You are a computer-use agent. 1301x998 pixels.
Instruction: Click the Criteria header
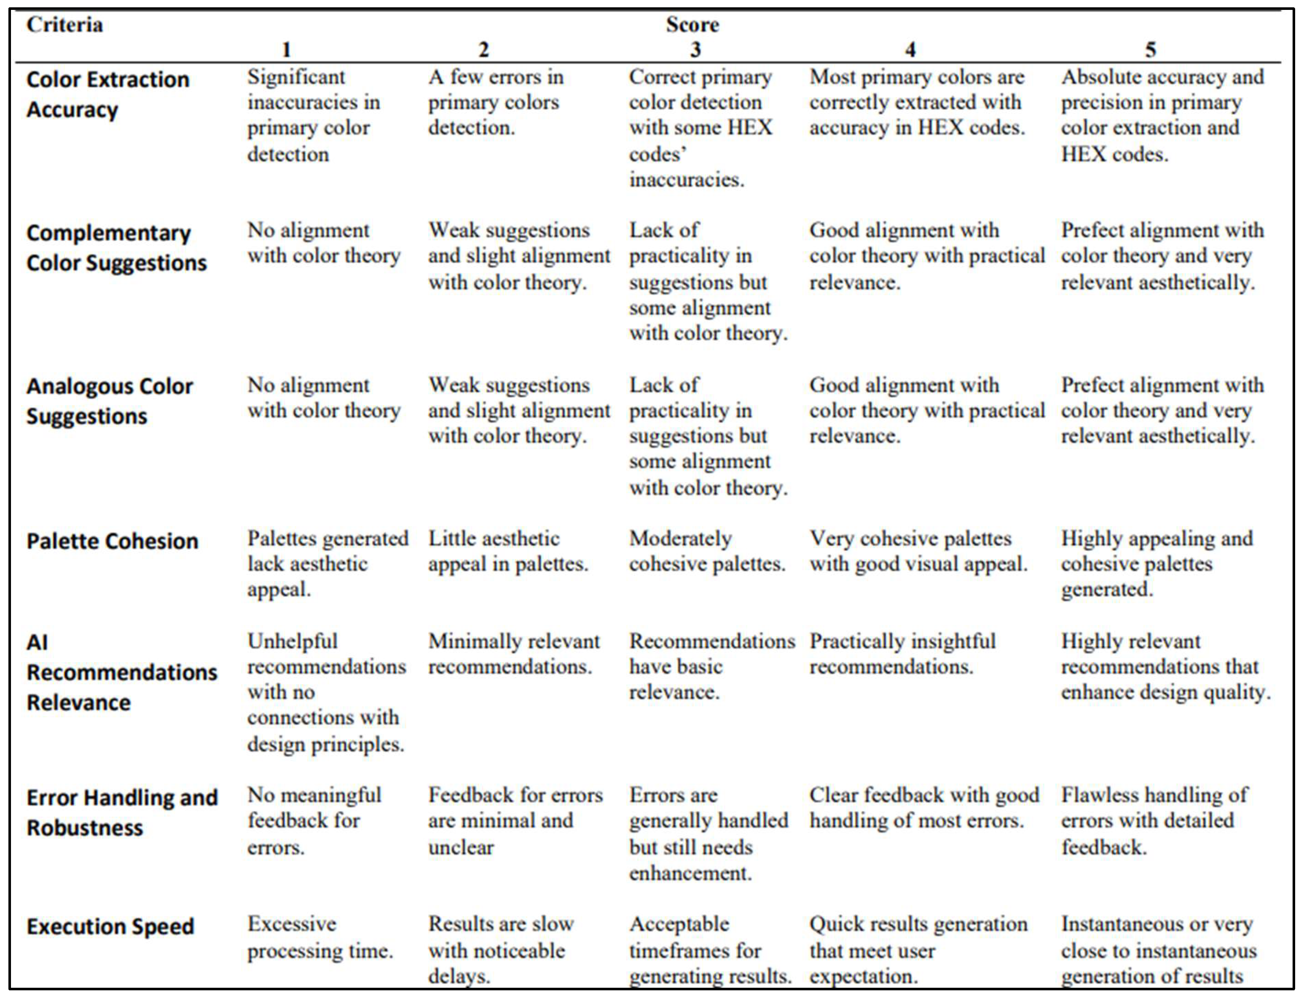pyautogui.click(x=65, y=25)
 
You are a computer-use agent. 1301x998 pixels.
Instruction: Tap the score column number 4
pyautogui.click(x=910, y=50)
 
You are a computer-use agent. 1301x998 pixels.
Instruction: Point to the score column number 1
pyautogui.click(x=286, y=50)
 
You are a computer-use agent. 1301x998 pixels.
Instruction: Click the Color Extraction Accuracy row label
pyautogui.click(x=108, y=94)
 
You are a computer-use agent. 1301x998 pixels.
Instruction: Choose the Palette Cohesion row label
pyautogui.click(x=112, y=541)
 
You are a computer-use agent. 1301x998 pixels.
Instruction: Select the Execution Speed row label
pyautogui.click(x=110, y=927)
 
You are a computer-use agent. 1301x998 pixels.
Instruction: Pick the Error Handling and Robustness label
pyautogui.click(x=122, y=813)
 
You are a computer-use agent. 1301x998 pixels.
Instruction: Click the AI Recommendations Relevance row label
pyautogui.click(x=122, y=672)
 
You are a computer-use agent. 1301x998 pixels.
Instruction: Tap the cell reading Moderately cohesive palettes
pyautogui.click(x=707, y=551)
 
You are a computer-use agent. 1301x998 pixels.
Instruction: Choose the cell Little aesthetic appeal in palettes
pyautogui.click(x=508, y=551)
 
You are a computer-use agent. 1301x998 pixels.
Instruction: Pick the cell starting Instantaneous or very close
pyautogui.click(x=1158, y=950)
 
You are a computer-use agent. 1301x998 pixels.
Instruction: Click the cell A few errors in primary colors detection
pyautogui.click(x=496, y=102)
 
